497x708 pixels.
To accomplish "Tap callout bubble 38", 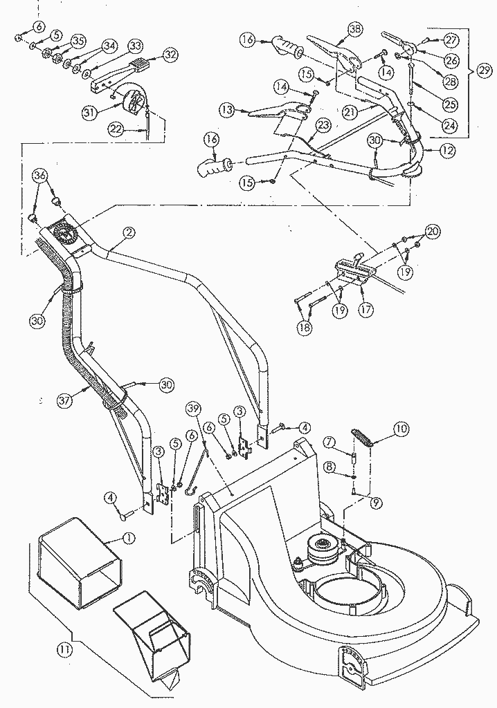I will (354, 29).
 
